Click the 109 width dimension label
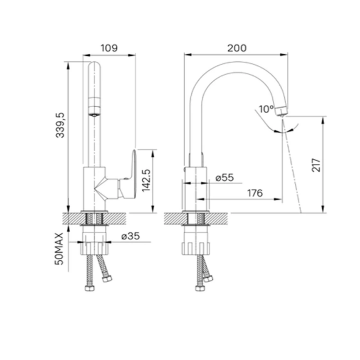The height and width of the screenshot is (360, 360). click(x=109, y=48)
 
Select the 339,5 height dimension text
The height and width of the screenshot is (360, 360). click(x=60, y=125)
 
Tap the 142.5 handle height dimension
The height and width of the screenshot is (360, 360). click(x=146, y=180)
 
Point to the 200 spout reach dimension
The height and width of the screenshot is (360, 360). click(x=237, y=48)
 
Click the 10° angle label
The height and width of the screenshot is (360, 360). click(x=266, y=109)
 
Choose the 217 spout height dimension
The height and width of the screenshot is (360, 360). click(x=316, y=165)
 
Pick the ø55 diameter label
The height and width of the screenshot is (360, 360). click(x=224, y=178)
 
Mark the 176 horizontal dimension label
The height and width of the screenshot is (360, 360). click(x=255, y=193)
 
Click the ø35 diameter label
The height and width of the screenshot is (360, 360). click(x=131, y=236)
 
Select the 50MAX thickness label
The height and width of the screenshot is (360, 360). click(x=59, y=249)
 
